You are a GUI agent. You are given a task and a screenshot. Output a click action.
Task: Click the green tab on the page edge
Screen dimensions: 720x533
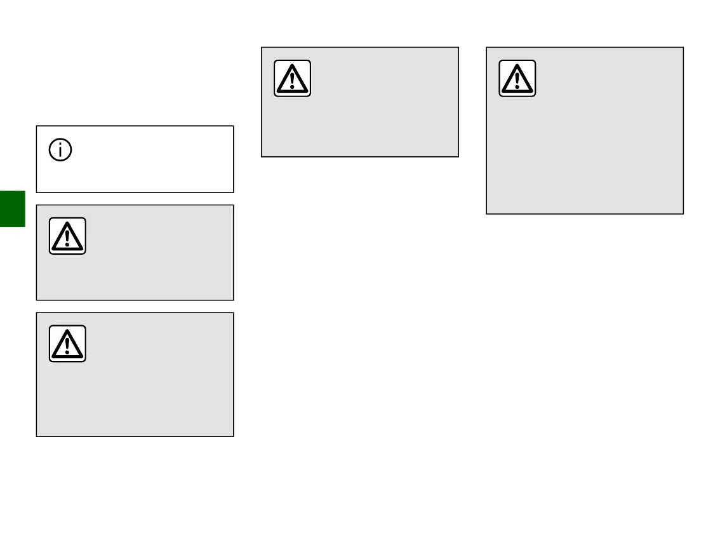point(12,208)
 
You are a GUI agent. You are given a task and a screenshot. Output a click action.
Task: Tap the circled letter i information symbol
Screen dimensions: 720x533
point(61,151)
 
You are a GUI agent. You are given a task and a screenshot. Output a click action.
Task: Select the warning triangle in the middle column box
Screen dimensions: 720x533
point(292,78)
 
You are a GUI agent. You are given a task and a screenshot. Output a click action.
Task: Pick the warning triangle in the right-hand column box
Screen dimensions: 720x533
point(517,78)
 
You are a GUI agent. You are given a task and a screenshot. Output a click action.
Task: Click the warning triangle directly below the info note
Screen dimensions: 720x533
point(67,236)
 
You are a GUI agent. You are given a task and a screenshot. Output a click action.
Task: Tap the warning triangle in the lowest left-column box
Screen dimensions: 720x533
point(67,344)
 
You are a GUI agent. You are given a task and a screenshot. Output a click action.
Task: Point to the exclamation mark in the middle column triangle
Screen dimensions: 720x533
point(292,80)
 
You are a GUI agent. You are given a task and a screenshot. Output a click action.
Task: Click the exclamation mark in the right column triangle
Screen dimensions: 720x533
point(517,80)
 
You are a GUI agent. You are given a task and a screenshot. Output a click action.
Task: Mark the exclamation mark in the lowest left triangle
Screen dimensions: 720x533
point(67,346)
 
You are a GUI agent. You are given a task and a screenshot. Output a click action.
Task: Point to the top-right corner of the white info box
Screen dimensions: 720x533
point(233,126)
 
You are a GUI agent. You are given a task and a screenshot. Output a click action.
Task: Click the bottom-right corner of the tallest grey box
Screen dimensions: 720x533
point(683,213)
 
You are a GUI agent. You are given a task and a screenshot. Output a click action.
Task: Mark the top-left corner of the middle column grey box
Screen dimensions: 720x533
point(262,48)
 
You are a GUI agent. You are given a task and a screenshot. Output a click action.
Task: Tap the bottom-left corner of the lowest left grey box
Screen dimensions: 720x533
point(37,435)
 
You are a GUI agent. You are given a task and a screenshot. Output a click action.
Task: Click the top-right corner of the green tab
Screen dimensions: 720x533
point(25,191)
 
